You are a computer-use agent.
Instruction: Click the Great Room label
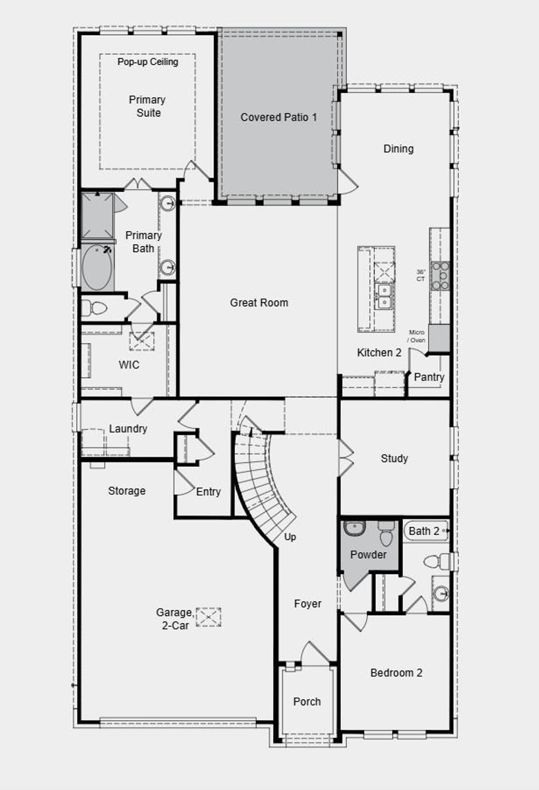click(x=259, y=303)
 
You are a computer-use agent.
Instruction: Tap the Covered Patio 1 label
click(x=278, y=117)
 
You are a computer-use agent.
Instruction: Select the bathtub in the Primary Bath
click(x=97, y=267)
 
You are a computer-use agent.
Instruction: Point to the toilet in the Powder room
click(x=386, y=535)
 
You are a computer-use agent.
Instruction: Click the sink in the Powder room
click(x=354, y=527)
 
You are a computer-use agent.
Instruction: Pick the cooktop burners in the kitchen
click(x=440, y=276)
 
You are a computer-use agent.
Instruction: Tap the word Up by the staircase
click(x=290, y=537)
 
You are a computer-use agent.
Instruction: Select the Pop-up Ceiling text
click(x=147, y=62)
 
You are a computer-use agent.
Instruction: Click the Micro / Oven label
click(x=417, y=336)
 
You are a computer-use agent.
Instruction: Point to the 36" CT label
click(x=421, y=275)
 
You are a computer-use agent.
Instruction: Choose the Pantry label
click(x=429, y=377)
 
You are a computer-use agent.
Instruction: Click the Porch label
click(x=307, y=702)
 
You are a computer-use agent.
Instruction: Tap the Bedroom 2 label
click(x=396, y=673)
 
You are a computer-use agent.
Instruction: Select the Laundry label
click(x=128, y=428)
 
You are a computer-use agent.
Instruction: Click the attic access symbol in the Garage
click(x=208, y=617)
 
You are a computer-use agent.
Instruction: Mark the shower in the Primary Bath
click(x=97, y=216)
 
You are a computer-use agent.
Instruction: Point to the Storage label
click(x=126, y=491)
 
